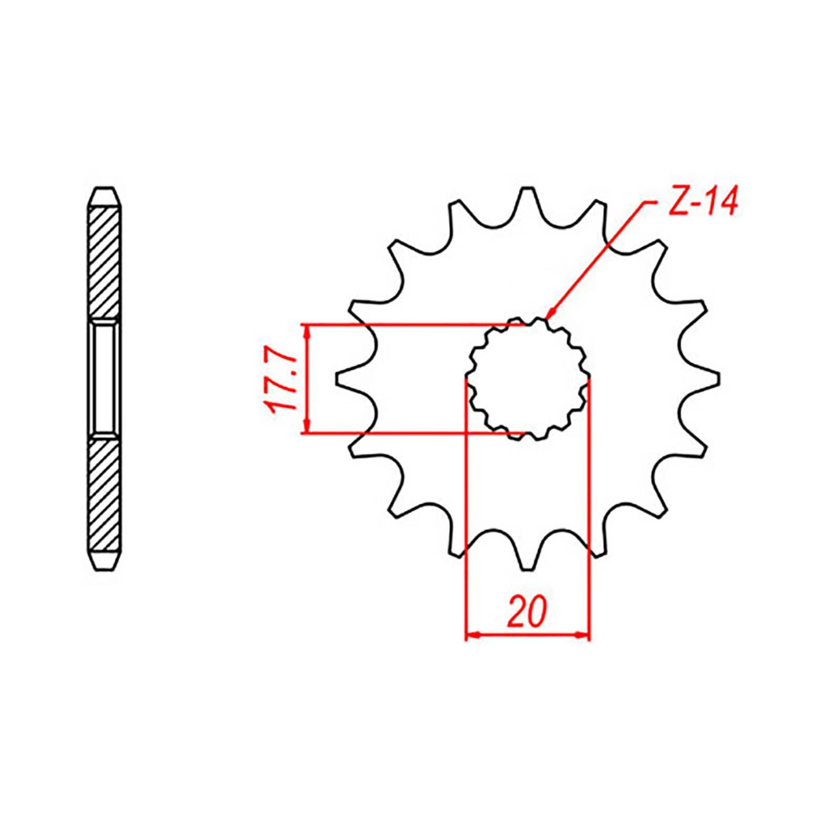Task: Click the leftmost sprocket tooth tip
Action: click(x=337, y=377)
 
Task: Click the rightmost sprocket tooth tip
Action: click(x=718, y=377)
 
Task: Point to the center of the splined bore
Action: click(x=528, y=379)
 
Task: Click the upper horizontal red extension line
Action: click(x=409, y=325)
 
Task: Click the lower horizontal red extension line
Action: click(x=409, y=433)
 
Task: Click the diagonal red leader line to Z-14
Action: click(x=598, y=257)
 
